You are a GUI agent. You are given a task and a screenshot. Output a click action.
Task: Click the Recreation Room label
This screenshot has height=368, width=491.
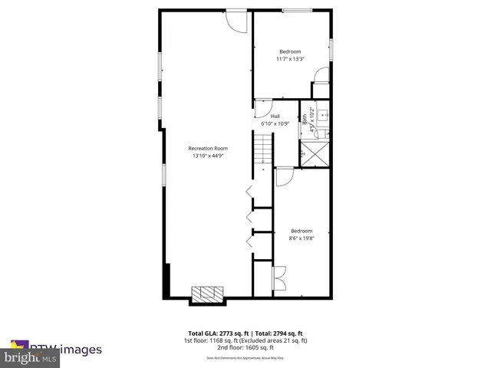tap(209, 148)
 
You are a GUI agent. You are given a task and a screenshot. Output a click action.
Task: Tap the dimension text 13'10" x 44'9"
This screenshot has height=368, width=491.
tap(209, 156)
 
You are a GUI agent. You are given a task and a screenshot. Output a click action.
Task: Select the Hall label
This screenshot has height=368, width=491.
tap(275, 116)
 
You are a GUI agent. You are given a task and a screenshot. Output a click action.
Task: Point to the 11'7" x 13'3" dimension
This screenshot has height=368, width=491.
tap(290, 59)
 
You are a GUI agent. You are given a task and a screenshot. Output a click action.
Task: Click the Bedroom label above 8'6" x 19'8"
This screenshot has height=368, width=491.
tap(302, 231)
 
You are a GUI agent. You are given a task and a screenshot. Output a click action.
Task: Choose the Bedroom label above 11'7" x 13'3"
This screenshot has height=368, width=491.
tap(290, 51)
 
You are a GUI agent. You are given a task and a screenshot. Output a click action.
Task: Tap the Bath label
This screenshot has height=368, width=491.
tap(305, 119)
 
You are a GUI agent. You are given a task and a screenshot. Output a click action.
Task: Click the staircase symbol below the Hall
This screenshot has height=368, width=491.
tap(264, 149)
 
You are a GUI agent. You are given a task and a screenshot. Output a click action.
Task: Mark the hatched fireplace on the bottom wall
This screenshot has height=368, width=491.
tap(207, 294)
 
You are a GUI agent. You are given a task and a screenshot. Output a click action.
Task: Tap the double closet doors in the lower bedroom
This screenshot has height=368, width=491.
tap(279, 277)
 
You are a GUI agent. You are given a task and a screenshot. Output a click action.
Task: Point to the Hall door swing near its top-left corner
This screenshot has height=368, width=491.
tap(262, 107)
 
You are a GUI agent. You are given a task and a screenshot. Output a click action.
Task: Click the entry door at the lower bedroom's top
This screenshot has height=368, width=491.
tap(284, 176)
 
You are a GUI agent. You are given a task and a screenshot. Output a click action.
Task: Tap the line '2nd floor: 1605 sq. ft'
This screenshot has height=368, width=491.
tap(245, 347)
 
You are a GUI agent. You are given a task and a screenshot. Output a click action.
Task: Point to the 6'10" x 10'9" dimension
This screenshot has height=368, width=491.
tap(275, 123)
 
